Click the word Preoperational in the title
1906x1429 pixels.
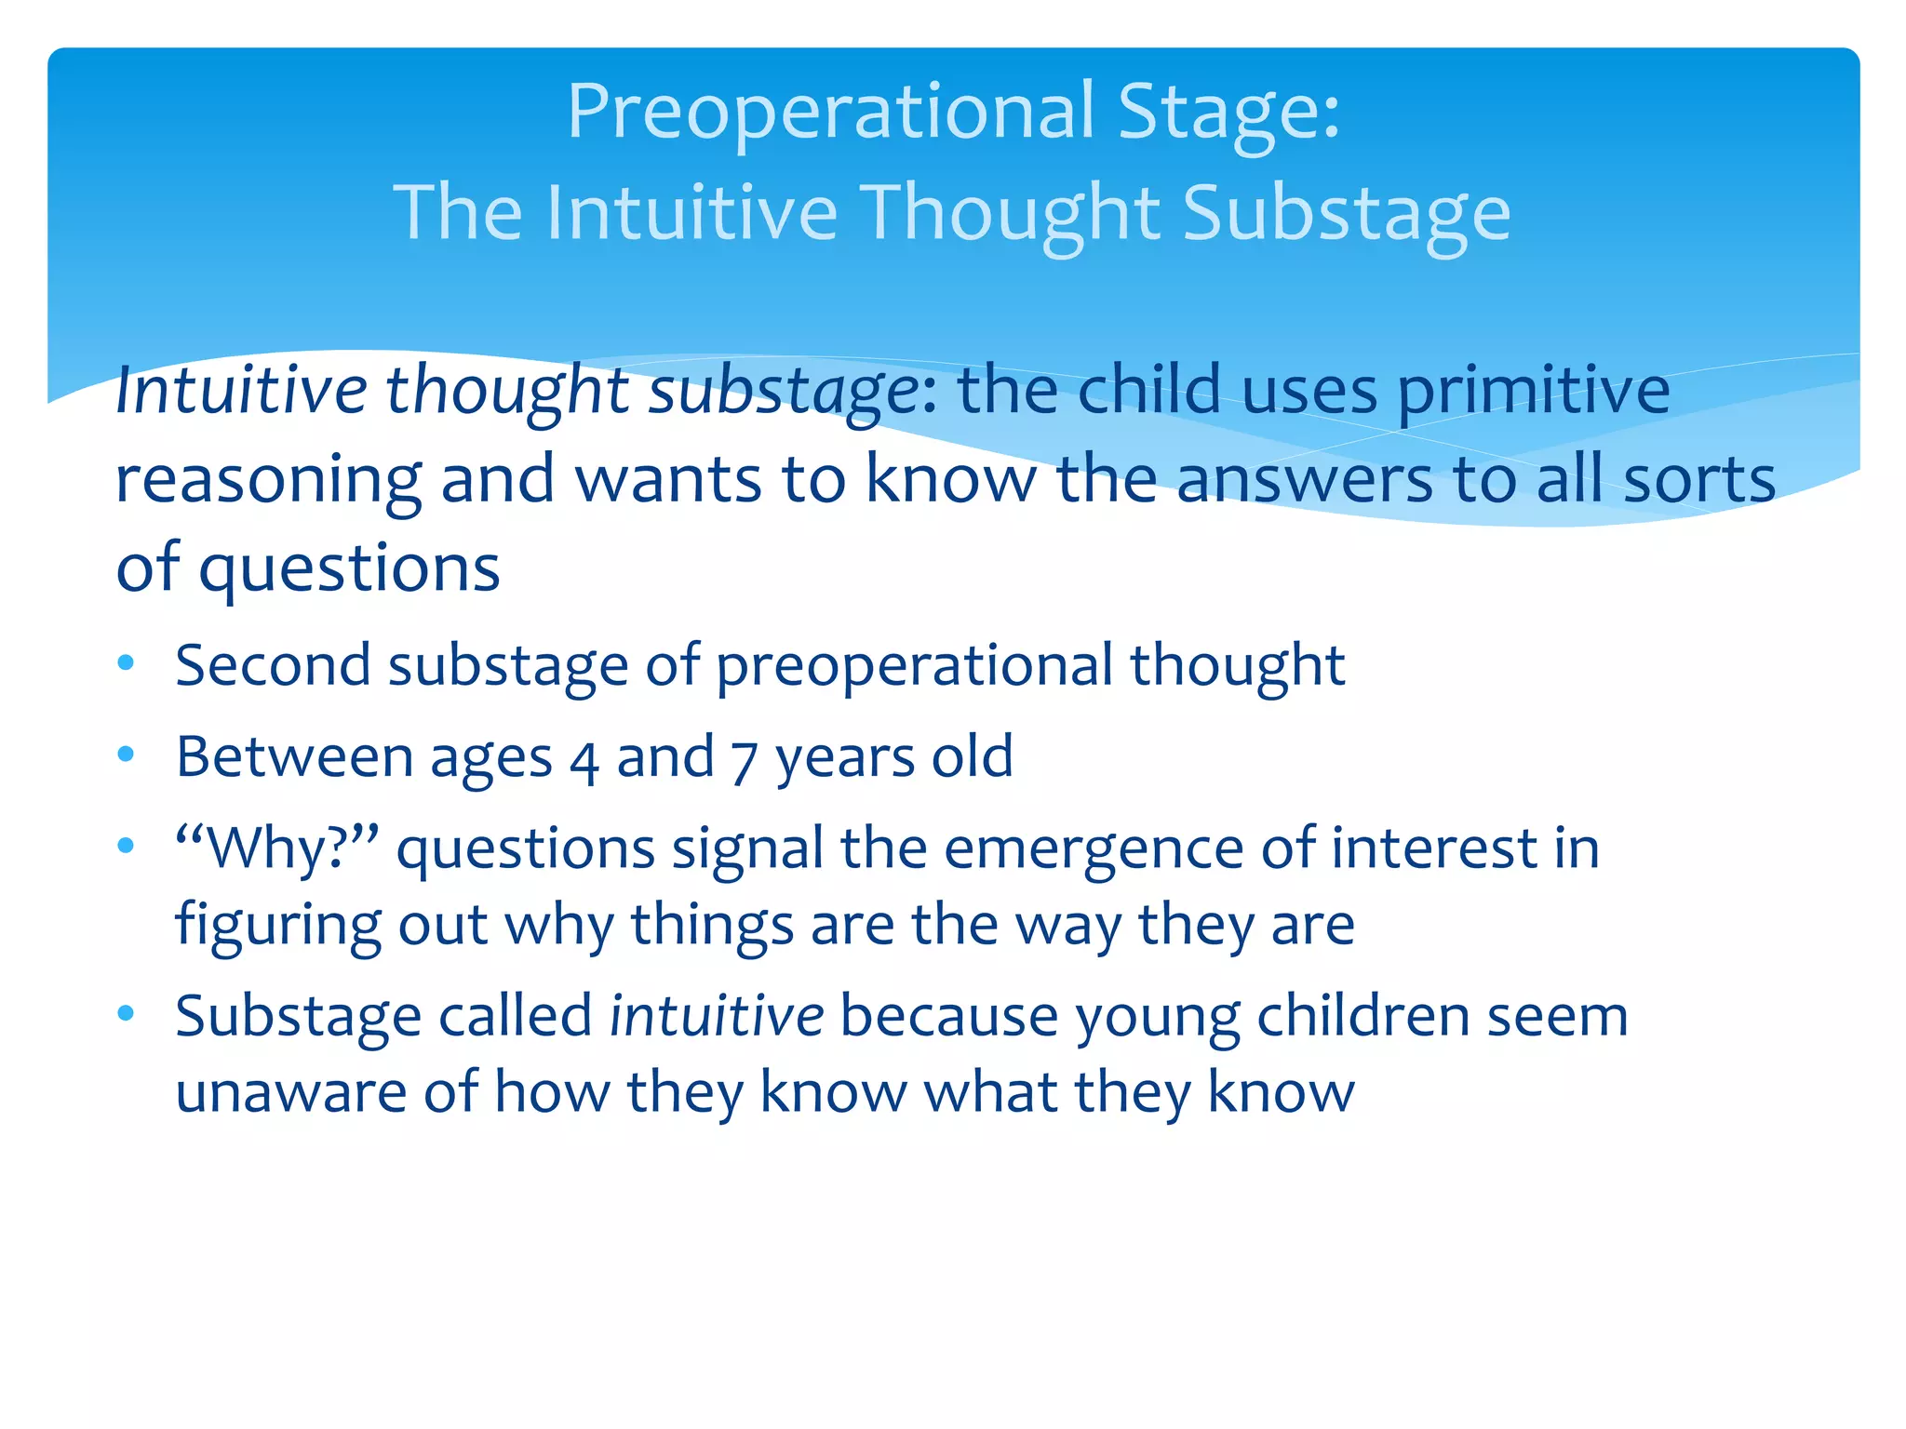click(x=830, y=112)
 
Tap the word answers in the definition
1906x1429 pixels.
click(x=1305, y=480)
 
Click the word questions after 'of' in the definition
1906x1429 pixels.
click(x=349, y=569)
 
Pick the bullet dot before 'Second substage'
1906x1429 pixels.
click(x=127, y=663)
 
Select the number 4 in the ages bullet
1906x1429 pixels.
click(x=584, y=759)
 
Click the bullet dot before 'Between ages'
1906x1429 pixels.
click(x=127, y=755)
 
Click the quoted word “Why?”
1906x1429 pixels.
click(x=276, y=848)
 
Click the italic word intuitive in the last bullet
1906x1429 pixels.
click(x=716, y=1016)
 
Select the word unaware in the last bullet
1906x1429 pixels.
click(x=290, y=1092)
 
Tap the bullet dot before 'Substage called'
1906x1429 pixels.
click(x=127, y=1013)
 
